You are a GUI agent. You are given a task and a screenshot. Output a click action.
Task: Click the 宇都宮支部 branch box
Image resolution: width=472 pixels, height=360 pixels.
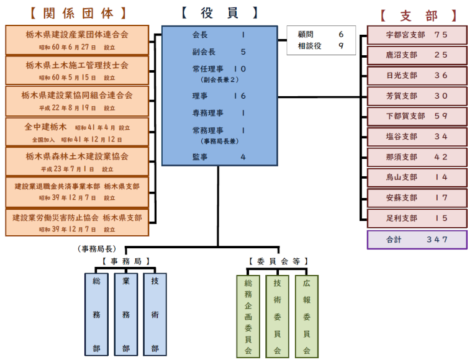coord(417,35)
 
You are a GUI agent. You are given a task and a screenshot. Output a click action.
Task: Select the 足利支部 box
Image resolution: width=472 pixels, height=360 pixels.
coord(417,218)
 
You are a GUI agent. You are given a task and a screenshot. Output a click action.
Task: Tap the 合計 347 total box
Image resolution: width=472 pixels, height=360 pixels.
coord(417,240)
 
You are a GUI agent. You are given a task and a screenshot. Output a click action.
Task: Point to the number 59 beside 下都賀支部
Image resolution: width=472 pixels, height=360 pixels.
coord(441,116)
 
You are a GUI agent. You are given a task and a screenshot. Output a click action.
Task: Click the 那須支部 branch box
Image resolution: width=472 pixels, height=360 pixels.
coord(417,157)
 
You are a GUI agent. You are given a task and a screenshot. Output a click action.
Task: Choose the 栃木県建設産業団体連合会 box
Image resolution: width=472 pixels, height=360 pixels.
coord(77,40)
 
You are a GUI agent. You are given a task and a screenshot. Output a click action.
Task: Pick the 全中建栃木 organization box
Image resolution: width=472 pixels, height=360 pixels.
coord(77,132)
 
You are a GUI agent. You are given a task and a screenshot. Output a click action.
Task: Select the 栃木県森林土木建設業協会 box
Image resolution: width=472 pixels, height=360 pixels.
coord(77,161)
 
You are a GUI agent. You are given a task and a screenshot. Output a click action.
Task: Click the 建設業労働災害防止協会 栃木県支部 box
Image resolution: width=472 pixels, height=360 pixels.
coord(77,223)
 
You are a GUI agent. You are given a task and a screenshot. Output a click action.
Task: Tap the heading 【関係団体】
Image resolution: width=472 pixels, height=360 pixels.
coord(78,14)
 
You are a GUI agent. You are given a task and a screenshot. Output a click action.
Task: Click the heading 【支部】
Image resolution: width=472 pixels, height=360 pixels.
coord(419,16)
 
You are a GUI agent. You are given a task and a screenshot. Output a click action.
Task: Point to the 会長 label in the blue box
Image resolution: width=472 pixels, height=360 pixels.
coord(200,35)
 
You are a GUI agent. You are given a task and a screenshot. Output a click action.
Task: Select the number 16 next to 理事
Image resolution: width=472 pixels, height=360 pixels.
coord(240,96)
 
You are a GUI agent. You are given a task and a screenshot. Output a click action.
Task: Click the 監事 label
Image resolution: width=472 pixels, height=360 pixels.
coord(200,157)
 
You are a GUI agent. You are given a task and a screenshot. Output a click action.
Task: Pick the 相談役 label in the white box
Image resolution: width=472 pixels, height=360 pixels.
coord(309,46)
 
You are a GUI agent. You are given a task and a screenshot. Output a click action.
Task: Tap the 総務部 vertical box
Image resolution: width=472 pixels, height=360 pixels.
coord(96,315)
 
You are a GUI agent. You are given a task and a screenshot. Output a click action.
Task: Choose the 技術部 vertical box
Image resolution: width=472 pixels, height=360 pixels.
coord(155,315)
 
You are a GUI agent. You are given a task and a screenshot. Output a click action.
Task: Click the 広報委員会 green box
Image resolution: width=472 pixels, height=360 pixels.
coord(307,317)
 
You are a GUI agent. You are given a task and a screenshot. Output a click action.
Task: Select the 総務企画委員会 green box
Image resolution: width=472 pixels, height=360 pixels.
coord(248,317)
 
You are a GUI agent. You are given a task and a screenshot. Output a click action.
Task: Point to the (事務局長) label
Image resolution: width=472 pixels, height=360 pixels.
coord(97,249)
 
